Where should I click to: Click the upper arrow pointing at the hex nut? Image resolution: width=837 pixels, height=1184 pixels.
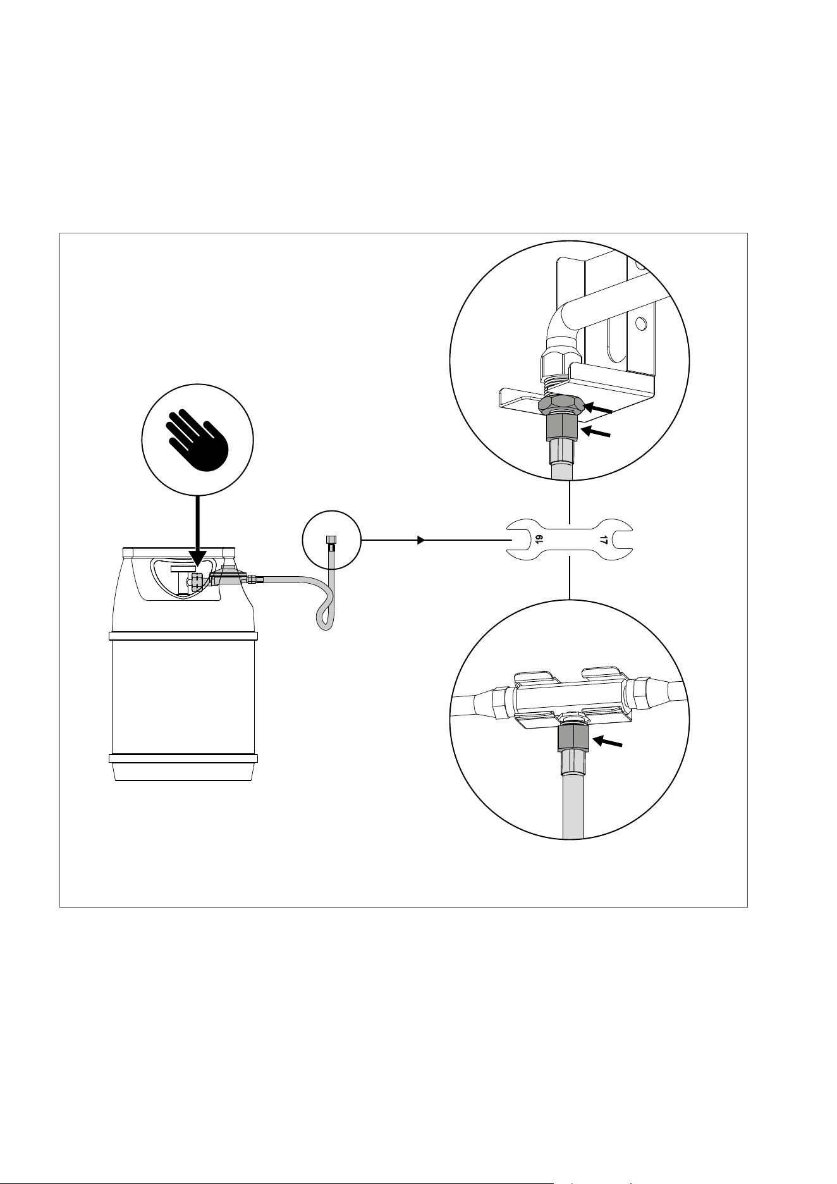pyautogui.click(x=598, y=409)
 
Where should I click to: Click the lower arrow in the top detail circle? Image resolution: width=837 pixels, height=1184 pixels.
pyautogui.click(x=596, y=433)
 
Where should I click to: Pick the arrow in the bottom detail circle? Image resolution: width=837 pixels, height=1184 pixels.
pyautogui.click(x=608, y=741)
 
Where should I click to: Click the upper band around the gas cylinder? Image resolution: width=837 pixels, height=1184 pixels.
pyautogui.click(x=183, y=636)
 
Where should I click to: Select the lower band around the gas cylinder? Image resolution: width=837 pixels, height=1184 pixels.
pyautogui.click(x=183, y=759)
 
